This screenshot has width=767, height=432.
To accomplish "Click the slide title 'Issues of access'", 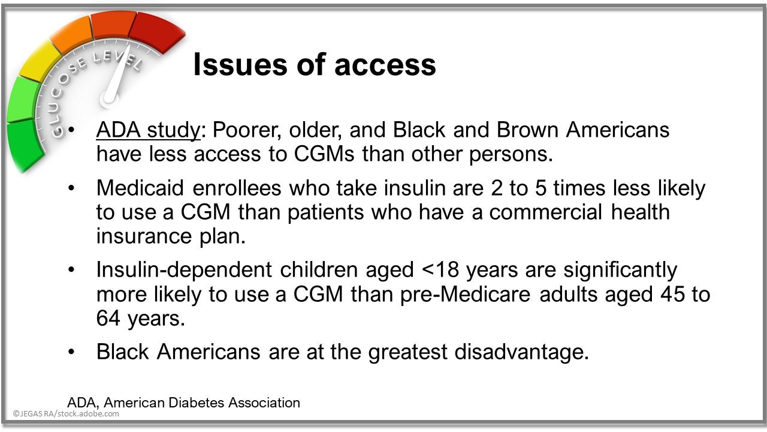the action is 315,64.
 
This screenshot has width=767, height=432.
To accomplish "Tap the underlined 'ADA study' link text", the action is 148,131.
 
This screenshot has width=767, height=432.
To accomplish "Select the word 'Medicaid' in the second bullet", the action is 140,188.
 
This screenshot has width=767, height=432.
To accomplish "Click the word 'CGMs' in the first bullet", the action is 324,154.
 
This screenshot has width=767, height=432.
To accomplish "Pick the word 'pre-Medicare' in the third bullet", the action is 466,294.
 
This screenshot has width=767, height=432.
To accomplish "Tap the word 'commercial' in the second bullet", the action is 545,212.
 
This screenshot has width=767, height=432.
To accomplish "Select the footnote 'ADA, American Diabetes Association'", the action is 183,403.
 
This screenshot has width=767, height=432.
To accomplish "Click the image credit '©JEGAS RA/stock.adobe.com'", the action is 66,414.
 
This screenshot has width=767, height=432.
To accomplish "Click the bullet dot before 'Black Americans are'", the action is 71,352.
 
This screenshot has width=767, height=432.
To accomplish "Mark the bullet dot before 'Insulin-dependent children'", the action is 71,270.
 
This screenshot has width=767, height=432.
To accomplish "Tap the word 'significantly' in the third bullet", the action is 620,271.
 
